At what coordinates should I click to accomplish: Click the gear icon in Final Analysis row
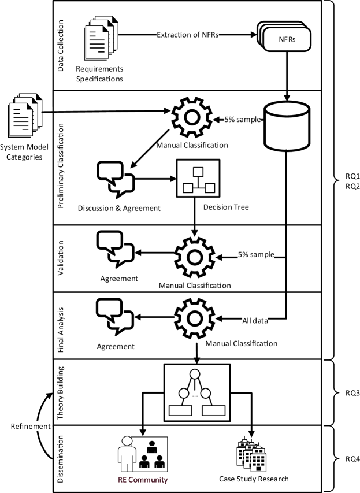tap(196, 318)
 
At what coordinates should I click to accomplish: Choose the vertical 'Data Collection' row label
tap(62, 45)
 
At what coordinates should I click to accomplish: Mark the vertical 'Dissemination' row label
tap(62, 458)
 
